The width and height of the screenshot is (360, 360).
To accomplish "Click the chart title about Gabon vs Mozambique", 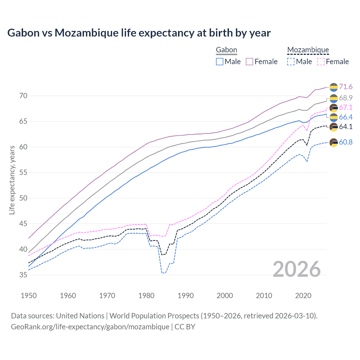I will point(139,33).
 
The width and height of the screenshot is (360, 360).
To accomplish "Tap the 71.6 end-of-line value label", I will point(346,87).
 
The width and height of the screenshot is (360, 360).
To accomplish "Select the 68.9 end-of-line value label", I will point(346,98).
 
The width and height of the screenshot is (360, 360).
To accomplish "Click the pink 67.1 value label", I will point(346,107).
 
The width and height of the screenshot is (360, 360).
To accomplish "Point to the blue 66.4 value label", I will point(346,117).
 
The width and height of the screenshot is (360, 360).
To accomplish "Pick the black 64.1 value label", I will point(346,127).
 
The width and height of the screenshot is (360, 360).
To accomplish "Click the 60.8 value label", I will point(346,142).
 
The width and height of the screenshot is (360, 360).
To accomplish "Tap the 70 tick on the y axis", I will point(23,96).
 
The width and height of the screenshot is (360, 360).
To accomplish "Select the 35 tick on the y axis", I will point(23,275).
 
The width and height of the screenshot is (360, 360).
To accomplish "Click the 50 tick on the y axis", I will point(23,198).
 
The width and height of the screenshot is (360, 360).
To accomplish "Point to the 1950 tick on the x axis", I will point(29,296).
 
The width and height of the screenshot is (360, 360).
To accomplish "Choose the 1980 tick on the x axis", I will point(146,296).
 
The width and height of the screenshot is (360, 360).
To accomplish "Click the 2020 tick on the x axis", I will point(303,296).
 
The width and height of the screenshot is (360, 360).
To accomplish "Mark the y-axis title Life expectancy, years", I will point(12,180).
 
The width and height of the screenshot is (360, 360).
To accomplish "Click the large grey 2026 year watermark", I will point(297,269).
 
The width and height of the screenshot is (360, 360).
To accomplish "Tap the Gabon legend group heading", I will point(226,50).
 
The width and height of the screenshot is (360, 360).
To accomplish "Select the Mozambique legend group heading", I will point(308,50).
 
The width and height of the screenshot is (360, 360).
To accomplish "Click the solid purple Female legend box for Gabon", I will point(249,62).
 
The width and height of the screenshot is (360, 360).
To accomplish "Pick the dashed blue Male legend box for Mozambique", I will point(291,62).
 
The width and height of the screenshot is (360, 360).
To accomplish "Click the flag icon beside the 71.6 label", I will point(334,87).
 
